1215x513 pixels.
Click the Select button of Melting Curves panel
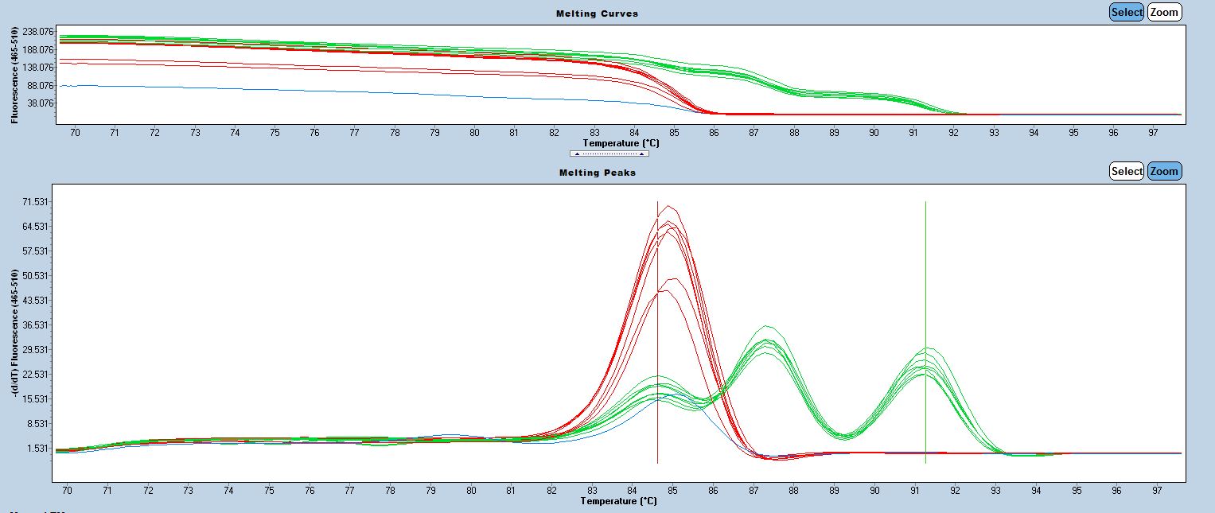pyautogui.click(x=1127, y=12)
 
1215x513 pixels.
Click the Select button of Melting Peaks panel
pyautogui.click(x=1127, y=171)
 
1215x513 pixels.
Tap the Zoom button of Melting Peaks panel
pyautogui.click(x=1164, y=171)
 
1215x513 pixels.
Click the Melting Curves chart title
pyautogui.click(x=598, y=14)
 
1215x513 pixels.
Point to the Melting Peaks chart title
pyautogui.click(x=598, y=173)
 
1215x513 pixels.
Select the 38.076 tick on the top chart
pyautogui.click(x=38, y=103)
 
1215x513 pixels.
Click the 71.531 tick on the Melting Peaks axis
pyautogui.click(x=36, y=202)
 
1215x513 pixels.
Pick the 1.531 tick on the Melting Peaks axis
pyautogui.click(x=38, y=448)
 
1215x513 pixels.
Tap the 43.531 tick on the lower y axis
pyautogui.click(x=36, y=301)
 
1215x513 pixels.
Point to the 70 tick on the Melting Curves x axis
pyautogui.click(x=75, y=133)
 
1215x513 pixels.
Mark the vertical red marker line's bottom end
pyautogui.click(x=657, y=462)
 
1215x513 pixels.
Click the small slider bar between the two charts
pyautogui.click(x=609, y=154)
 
